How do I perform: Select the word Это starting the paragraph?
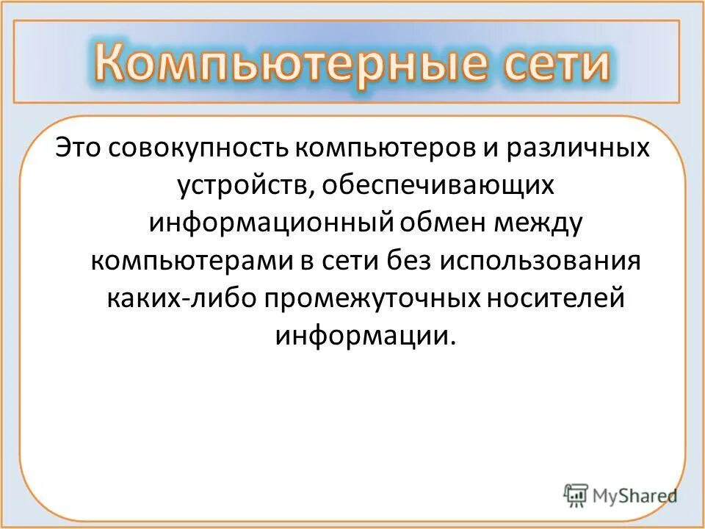click(79, 148)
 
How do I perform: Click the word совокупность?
click(200, 148)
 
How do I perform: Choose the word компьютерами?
click(190, 261)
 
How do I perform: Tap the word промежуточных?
click(375, 298)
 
